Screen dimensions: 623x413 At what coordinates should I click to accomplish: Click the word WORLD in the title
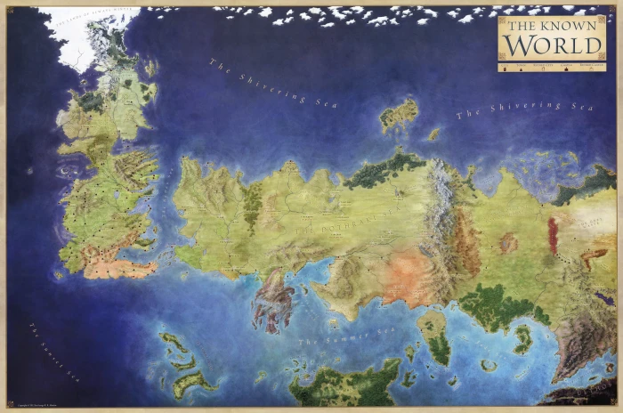551,45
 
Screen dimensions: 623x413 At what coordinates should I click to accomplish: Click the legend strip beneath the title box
551,65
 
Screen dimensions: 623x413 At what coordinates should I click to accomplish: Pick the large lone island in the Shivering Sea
399,115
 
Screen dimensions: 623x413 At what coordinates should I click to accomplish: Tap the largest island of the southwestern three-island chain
191,383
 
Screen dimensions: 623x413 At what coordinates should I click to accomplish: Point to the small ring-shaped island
489,365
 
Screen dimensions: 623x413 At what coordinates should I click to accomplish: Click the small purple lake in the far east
508,242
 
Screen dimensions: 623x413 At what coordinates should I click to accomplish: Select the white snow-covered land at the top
76,36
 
